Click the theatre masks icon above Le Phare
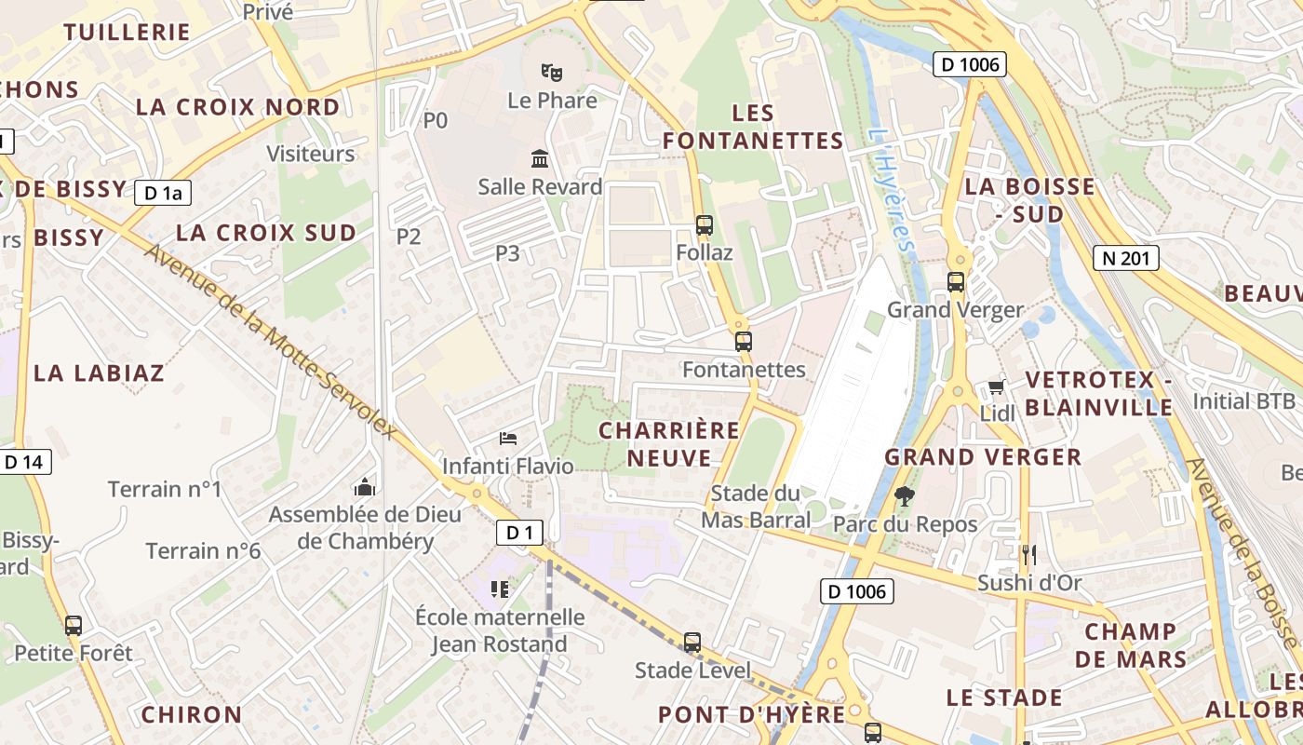(552, 71)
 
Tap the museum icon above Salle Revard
(540, 158)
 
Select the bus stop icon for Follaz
(705, 224)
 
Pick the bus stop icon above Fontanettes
(743, 342)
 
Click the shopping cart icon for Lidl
(996, 386)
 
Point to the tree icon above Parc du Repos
(903, 496)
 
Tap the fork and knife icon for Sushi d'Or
(1028, 555)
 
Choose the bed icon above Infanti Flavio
(508, 438)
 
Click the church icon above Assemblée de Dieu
(365, 487)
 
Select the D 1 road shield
(519, 533)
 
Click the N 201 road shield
(1126, 258)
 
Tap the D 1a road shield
(163, 194)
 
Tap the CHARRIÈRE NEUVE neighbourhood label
(669, 444)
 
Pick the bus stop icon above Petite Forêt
(73, 626)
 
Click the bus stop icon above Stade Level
(692, 643)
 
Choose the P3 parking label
(507, 252)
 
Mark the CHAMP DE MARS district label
(1131, 645)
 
